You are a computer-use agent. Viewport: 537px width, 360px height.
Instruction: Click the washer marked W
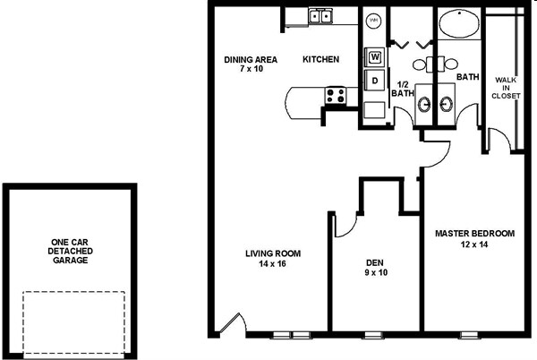[374, 56]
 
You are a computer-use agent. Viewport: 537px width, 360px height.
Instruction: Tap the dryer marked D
[374, 81]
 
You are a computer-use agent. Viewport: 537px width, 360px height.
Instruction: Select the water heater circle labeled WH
[373, 21]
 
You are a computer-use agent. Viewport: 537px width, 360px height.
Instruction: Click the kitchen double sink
[320, 16]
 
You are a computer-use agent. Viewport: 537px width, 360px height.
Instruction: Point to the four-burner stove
[336, 96]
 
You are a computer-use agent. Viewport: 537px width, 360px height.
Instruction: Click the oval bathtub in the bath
[459, 23]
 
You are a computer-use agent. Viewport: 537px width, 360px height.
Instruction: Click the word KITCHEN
[321, 59]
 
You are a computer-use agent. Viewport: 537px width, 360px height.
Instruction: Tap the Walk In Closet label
[506, 88]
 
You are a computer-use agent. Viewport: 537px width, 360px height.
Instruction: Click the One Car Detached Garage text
[70, 251]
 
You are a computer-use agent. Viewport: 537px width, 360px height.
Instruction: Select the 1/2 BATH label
[403, 89]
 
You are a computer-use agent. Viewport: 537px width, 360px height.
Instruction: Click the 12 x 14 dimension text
[474, 244]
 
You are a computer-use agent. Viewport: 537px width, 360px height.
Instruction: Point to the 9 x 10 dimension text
[376, 272]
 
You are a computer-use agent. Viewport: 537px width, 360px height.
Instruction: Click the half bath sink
[424, 104]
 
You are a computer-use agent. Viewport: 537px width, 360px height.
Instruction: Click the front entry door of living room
[234, 322]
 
